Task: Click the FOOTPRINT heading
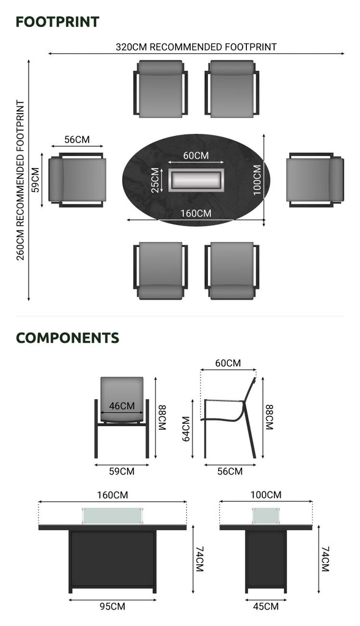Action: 57,22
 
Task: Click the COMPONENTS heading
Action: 67,337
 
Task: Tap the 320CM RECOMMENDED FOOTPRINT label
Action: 196,46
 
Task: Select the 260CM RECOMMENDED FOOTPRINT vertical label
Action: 20,180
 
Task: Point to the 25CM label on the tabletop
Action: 155,180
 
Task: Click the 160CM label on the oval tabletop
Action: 196,213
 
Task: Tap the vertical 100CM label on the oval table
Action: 257,180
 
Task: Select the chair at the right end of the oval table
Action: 315,180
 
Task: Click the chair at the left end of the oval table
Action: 77,180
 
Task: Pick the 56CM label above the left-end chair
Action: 77,140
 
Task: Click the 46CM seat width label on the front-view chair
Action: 122,406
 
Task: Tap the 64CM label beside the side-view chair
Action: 186,429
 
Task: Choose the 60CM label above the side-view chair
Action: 228,363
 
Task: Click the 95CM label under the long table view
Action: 112,606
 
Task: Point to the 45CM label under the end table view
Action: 266,606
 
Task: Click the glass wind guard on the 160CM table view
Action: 112,516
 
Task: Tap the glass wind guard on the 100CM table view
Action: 266,516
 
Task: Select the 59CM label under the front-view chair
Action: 122,471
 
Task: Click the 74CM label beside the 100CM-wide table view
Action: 325,559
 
